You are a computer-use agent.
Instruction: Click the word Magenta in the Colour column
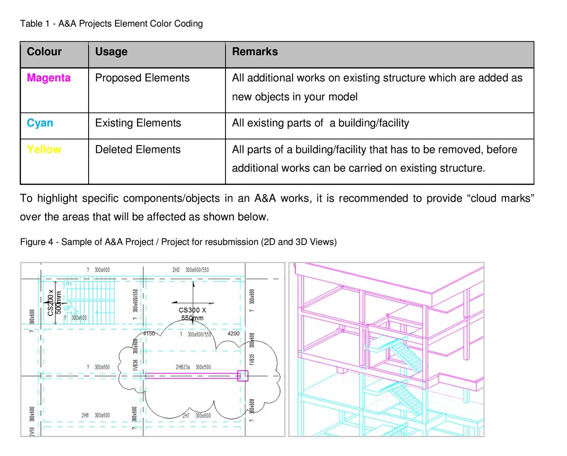[49, 78]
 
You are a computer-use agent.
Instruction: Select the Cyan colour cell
[40, 123]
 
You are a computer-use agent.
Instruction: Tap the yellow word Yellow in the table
[44, 149]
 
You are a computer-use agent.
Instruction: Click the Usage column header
[111, 52]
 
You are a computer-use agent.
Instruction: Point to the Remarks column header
[255, 52]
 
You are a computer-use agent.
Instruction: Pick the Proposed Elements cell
[142, 78]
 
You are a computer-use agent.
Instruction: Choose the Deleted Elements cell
[138, 150]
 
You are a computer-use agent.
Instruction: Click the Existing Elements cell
[138, 123]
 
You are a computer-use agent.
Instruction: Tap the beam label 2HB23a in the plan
[183, 367]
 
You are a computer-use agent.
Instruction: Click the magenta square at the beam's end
[242, 376]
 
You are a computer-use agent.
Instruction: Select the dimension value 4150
[149, 334]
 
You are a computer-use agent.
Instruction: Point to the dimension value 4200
[233, 334]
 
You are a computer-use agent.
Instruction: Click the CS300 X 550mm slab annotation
[192, 314]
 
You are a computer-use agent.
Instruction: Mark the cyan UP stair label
[67, 308]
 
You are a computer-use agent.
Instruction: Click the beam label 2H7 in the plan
[186, 416]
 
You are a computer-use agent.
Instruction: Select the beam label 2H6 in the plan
[85, 415]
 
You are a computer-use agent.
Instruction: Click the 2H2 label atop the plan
[176, 270]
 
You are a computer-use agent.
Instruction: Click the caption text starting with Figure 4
[178, 242]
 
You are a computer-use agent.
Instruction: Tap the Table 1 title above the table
[111, 24]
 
